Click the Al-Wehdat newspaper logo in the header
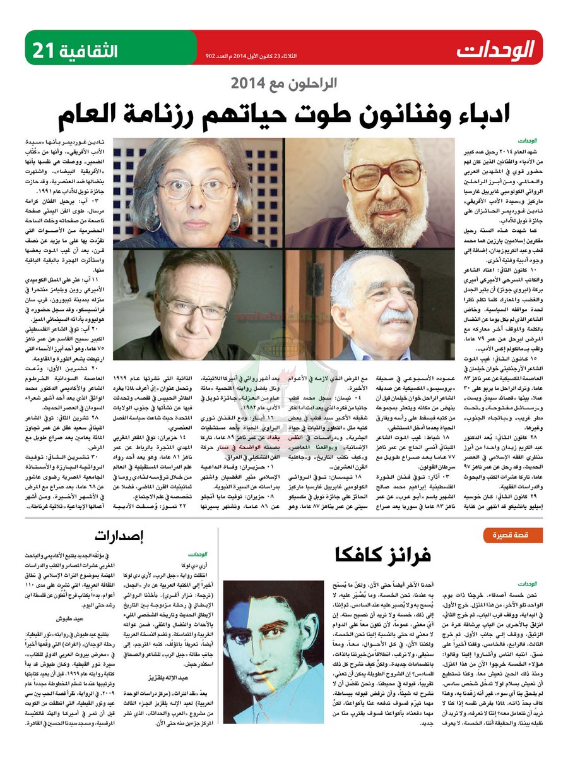[x=496, y=49]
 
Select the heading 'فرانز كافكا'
[x=382, y=555]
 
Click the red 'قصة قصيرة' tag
[x=514, y=536]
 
